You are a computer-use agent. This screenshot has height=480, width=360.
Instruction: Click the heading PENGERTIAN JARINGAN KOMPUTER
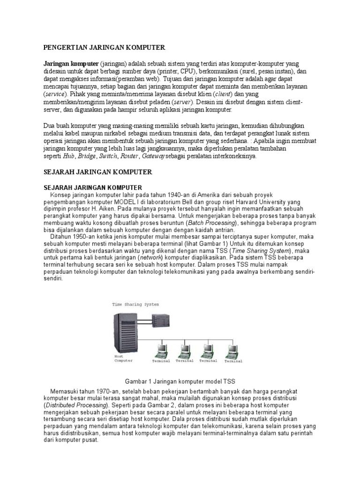tap(105, 47)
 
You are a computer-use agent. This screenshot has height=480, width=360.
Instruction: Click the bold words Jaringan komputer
tap(71, 63)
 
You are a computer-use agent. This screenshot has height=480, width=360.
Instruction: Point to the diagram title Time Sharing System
tap(135, 304)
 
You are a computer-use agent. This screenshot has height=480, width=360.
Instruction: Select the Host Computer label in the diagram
tap(123, 359)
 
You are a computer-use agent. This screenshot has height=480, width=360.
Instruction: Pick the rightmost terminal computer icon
tap(232, 351)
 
